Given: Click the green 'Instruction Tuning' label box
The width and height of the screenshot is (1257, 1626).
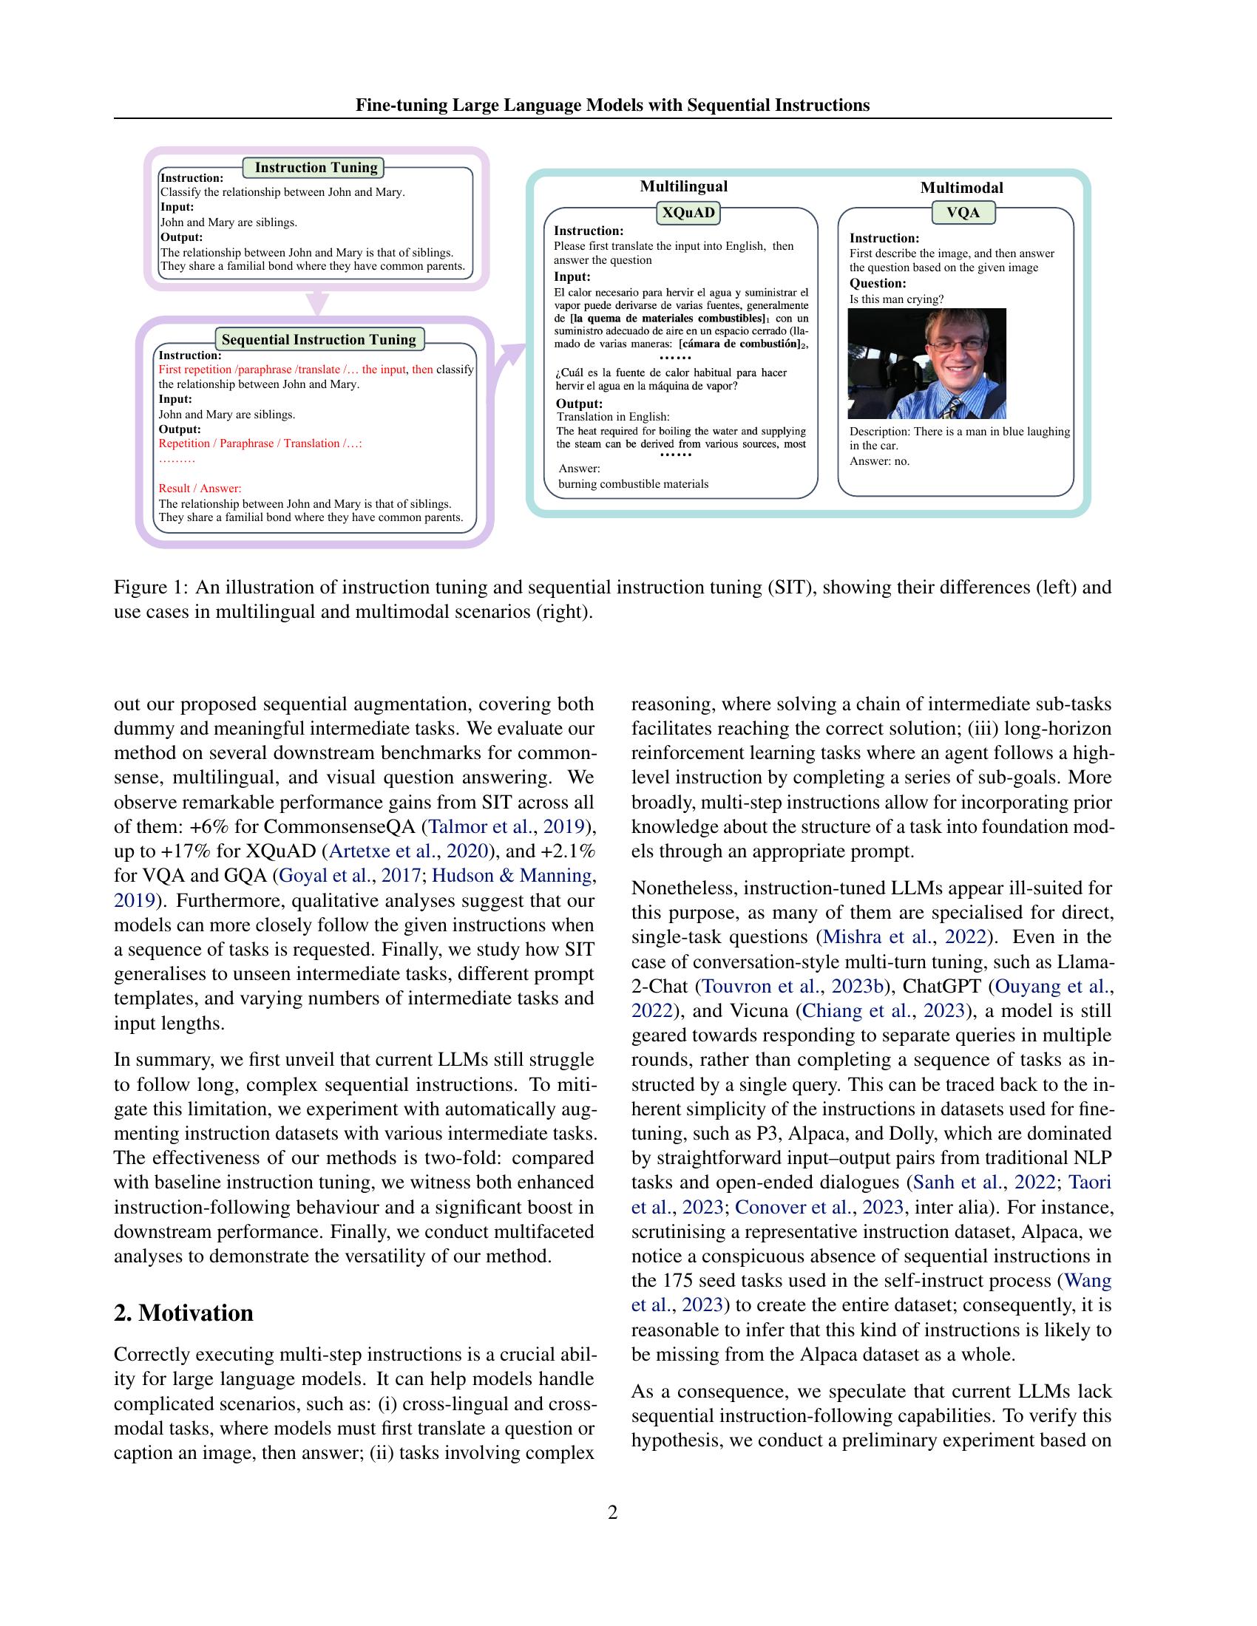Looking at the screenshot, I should point(316,168).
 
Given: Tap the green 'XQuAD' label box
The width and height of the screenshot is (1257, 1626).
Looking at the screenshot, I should point(688,214).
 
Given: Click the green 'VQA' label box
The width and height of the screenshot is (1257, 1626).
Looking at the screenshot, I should point(963,213).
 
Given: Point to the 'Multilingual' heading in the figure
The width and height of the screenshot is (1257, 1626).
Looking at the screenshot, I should point(684,186).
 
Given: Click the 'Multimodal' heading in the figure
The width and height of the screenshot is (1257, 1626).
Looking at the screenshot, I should point(961,188).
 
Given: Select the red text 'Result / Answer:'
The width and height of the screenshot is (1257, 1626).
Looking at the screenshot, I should point(200,489).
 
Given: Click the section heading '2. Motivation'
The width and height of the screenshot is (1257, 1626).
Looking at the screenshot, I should point(183,1313).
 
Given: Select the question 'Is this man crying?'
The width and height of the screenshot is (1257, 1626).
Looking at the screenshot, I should point(897,299).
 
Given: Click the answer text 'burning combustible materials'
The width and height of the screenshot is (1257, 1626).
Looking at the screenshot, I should point(634,484).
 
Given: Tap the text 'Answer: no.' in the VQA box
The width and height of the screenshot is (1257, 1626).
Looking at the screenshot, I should point(879,461).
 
